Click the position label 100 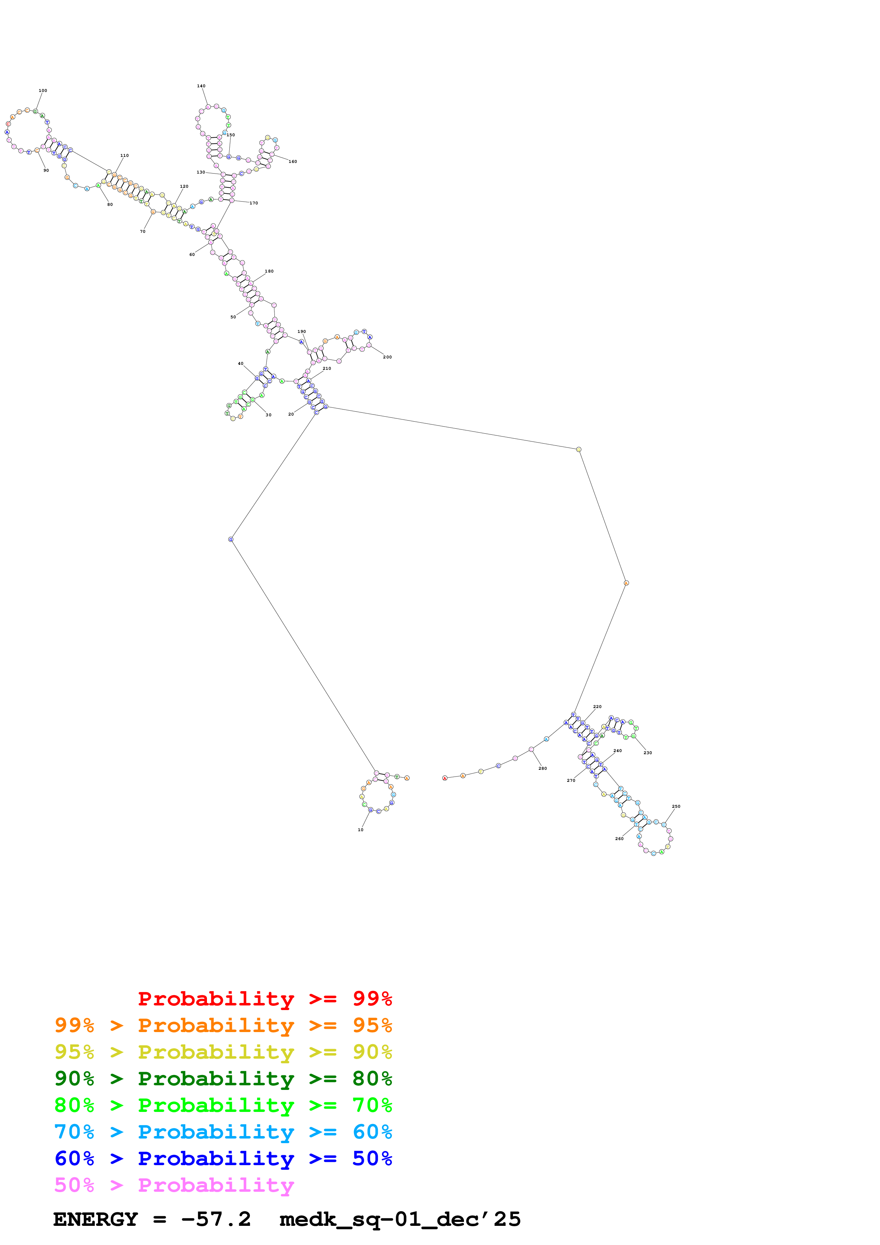click(x=43, y=91)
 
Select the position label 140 click(x=201, y=86)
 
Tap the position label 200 click(x=387, y=357)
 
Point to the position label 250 click(x=676, y=806)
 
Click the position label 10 click(x=361, y=830)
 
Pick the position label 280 click(x=543, y=768)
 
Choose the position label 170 click(x=254, y=203)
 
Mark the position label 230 click(x=647, y=753)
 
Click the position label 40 click(x=241, y=364)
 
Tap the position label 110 click(x=125, y=155)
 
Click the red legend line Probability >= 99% click(x=264, y=998)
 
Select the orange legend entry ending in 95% click(x=223, y=1025)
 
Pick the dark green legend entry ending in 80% click(x=223, y=1079)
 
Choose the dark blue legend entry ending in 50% click(x=223, y=1158)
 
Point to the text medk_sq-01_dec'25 click(x=400, y=1219)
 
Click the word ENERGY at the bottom click(x=95, y=1219)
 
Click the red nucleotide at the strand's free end click(x=444, y=778)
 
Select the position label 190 click(x=301, y=331)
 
